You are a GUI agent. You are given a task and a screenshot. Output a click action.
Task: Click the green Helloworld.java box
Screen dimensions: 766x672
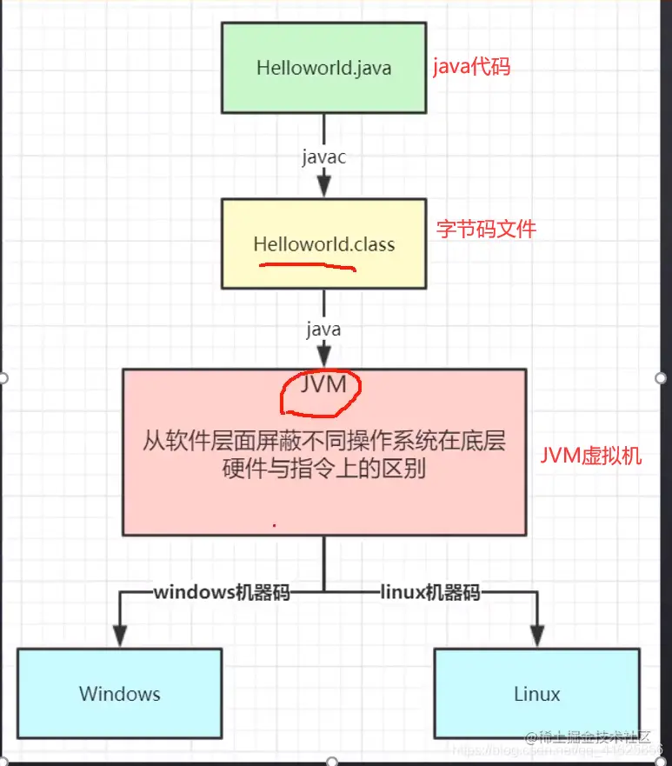click(x=323, y=68)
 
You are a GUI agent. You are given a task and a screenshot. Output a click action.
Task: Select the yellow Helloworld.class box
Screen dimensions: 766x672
click(x=323, y=243)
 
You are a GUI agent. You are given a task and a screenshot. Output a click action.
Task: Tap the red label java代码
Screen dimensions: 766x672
click(x=472, y=68)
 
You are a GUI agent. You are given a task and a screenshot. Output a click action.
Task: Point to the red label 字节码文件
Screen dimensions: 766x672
click(x=486, y=230)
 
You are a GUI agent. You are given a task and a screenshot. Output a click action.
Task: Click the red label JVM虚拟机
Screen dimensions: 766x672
click(x=591, y=455)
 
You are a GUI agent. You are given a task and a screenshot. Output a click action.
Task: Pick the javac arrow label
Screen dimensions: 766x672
click(x=324, y=157)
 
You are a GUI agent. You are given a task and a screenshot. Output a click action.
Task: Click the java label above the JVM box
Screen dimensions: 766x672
click(x=323, y=330)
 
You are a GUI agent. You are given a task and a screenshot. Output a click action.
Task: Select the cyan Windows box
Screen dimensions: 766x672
click(x=120, y=693)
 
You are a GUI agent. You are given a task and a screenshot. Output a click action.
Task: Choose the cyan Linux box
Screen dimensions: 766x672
click(x=536, y=693)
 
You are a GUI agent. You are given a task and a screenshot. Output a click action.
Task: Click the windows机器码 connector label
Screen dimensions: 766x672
click(x=222, y=593)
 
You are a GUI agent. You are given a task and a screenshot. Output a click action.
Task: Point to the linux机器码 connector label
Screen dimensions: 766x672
click(x=429, y=593)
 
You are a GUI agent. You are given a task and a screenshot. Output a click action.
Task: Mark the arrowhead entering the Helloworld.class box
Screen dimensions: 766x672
click(x=324, y=188)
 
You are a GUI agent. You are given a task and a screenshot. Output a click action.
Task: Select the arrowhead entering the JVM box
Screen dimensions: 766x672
click(x=324, y=357)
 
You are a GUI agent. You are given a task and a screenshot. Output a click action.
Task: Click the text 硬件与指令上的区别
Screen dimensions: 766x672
click(x=323, y=468)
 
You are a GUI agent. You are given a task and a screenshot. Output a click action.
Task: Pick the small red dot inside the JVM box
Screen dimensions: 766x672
click(x=275, y=525)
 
